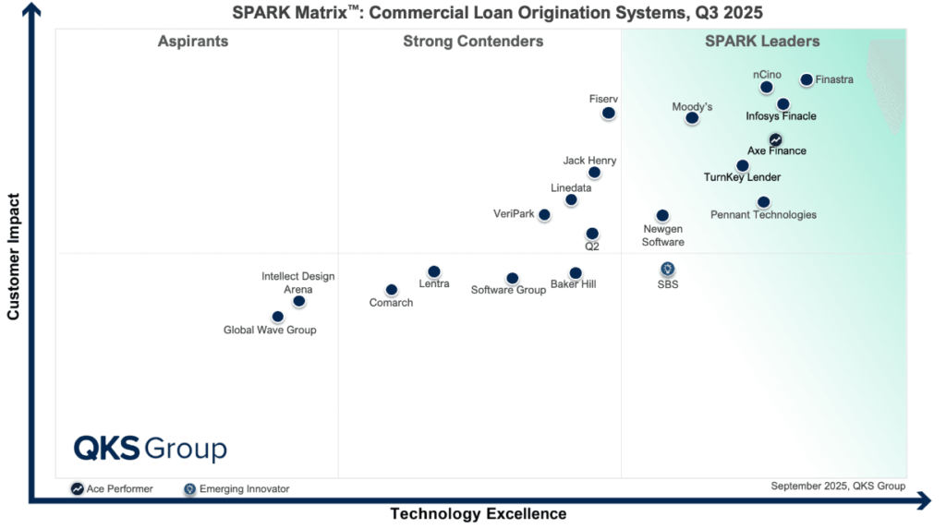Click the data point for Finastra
[x=807, y=80]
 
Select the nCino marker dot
[x=767, y=88]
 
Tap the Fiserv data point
[x=609, y=114]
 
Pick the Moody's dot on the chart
[x=692, y=118]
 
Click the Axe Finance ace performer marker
[x=776, y=140]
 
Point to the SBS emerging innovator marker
[x=668, y=269]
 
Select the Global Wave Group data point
[x=278, y=317]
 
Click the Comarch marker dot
[x=392, y=290]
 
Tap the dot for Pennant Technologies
[x=763, y=202]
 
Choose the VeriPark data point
[x=544, y=215]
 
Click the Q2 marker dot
[x=592, y=234]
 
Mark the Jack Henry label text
[x=589, y=161]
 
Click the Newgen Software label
[x=663, y=235]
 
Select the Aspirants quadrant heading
[x=193, y=42]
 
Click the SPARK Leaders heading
[x=762, y=42]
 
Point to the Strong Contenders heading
[x=473, y=42]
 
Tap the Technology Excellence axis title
[x=478, y=514]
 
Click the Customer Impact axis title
[x=14, y=257]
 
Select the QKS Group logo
[x=150, y=449]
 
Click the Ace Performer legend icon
[x=77, y=488]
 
